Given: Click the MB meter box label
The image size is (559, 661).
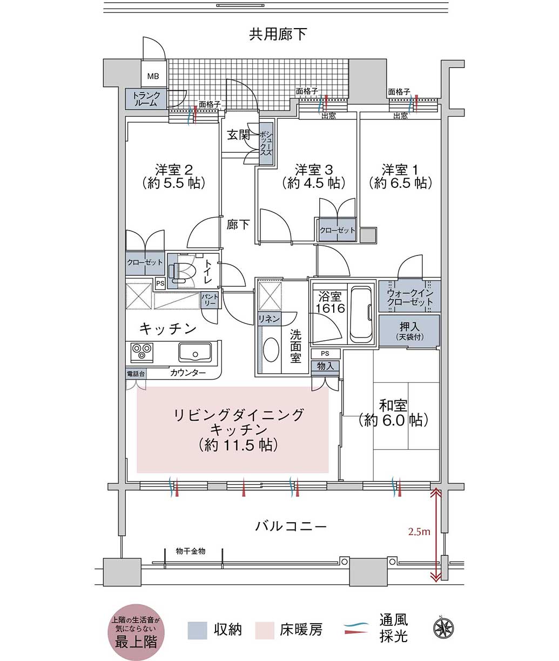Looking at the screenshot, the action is [x=153, y=77].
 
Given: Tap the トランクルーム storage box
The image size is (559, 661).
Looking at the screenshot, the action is [x=146, y=99].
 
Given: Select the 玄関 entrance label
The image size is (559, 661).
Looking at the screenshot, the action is [x=238, y=135].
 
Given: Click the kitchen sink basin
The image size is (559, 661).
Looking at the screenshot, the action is [x=195, y=352].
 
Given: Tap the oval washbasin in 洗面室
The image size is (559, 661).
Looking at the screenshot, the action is [x=271, y=349].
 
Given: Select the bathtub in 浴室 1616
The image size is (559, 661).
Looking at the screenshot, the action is [x=362, y=314].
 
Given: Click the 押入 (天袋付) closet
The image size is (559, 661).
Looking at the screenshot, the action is [x=409, y=330].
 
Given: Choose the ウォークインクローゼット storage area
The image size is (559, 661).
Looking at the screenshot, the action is [x=409, y=296].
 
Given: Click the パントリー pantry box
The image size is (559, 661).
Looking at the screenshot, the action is [x=210, y=300].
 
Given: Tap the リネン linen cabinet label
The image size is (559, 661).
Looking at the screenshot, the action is [x=269, y=319].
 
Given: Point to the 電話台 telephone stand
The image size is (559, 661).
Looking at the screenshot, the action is [x=136, y=373].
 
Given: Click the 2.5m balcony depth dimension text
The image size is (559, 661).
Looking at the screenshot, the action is [x=419, y=531].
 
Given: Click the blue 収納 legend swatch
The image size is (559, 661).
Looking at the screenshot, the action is [x=197, y=630].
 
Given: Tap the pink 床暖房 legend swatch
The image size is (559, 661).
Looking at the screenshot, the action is [x=265, y=630].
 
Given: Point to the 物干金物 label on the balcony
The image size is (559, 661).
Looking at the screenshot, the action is [x=191, y=551].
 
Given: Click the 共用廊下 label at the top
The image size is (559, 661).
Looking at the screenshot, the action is [x=278, y=35].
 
